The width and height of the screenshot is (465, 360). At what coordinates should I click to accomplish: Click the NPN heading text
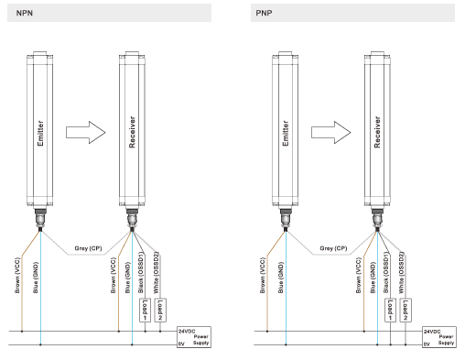pyautogui.click(x=25, y=13)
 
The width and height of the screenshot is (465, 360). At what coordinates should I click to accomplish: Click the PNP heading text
pyautogui.click(x=264, y=13)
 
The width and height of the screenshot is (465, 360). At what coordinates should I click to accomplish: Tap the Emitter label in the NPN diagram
pyautogui.click(x=40, y=133)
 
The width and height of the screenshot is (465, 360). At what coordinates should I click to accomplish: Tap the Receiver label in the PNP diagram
pyautogui.click(x=377, y=132)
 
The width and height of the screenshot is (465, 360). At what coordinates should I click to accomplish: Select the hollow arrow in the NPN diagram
pyautogui.click(x=86, y=133)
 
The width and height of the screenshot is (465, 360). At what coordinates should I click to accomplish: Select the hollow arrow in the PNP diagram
pyautogui.click(x=331, y=133)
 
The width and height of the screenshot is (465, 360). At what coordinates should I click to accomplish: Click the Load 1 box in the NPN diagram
pyautogui.click(x=145, y=311)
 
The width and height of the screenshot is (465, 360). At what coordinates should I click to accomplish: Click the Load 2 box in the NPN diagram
pyautogui.click(x=160, y=311)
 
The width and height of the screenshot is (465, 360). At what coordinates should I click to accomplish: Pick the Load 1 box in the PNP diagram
pyautogui.click(x=390, y=311)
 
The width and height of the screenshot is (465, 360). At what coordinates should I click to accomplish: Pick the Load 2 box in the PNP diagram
pyautogui.click(x=406, y=311)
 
